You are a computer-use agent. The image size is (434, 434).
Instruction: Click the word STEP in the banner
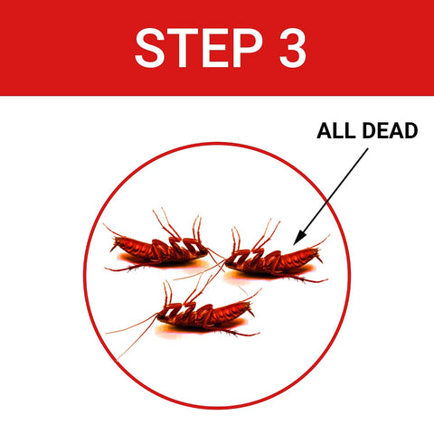click(x=199, y=48)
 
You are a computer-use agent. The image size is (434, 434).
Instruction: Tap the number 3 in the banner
click(x=293, y=48)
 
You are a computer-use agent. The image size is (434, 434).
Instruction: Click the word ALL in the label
click(x=335, y=131)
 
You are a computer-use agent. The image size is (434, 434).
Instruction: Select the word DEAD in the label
click(x=390, y=131)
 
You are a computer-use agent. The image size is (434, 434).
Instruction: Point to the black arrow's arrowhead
click(x=299, y=237)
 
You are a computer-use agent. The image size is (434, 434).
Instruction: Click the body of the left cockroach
click(x=160, y=250)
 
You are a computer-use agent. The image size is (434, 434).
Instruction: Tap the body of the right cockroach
click(x=273, y=260)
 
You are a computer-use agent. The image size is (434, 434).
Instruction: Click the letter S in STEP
click(x=150, y=48)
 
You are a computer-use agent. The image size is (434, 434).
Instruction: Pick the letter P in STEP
click(x=248, y=48)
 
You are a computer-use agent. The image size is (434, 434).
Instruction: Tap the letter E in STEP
click(x=214, y=48)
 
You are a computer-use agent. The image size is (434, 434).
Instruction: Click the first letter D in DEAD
click(x=369, y=131)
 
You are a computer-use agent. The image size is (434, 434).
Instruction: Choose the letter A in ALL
click(x=325, y=131)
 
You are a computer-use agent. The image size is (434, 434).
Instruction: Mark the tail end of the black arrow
click(x=368, y=148)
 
